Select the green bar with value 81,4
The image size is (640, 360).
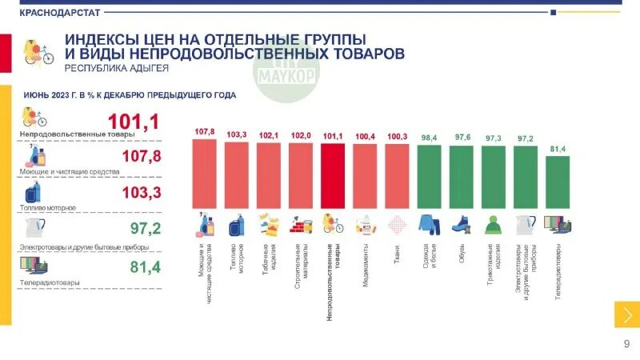click(558, 182)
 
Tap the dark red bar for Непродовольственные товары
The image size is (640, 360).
click(333, 177)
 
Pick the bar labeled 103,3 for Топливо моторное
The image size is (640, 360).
click(237, 175)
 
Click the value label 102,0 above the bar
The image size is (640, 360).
click(301, 136)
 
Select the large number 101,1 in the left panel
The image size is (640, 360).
click(134, 122)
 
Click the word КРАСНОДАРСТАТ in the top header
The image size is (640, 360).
click(55, 12)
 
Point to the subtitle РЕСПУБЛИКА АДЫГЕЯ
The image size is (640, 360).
click(116, 69)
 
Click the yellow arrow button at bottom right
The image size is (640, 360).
click(626, 314)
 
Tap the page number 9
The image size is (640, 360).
click(626, 344)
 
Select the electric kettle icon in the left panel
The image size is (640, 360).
click(34, 228)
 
